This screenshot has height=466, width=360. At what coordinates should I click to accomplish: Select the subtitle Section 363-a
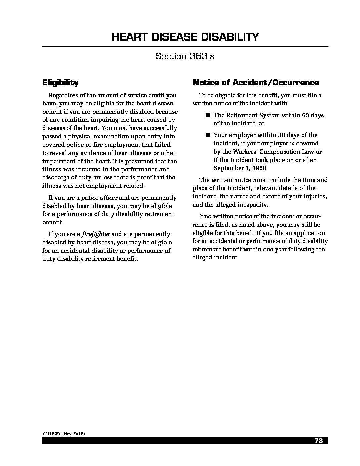(x=185, y=56)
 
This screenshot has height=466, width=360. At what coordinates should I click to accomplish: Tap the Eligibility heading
(x=60, y=82)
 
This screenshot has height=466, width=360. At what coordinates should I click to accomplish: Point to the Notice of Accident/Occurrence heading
(x=255, y=82)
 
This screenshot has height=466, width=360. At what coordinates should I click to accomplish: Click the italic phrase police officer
(x=99, y=198)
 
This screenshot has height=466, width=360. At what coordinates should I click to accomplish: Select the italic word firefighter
(x=96, y=234)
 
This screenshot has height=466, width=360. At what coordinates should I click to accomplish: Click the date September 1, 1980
(x=241, y=168)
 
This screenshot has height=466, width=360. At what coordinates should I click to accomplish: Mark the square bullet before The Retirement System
(x=208, y=115)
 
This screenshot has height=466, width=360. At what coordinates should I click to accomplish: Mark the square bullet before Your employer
(x=208, y=135)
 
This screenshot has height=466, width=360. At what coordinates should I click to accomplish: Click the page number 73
(x=319, y=441)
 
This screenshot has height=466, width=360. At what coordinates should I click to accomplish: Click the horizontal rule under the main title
(x=185, y=46)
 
